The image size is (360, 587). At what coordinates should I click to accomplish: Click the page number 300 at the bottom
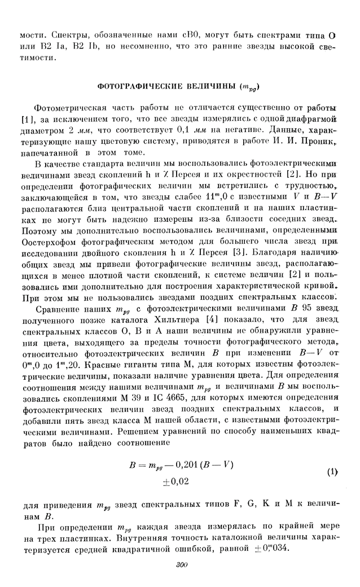pos(181,566)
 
